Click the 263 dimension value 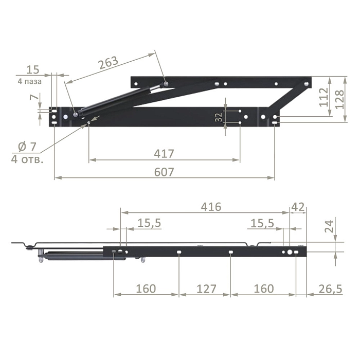tap(109, 62)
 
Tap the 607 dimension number tap(164, 172)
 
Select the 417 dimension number tap(164, 154)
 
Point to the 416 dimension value tap(211, 207)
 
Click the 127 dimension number tap(206, 289)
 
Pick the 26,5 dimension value tap(330, 289)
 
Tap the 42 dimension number tap(298, 207)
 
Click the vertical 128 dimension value tap(340, 99)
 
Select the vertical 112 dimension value tap(324, 97)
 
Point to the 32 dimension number tap(219, 117)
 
